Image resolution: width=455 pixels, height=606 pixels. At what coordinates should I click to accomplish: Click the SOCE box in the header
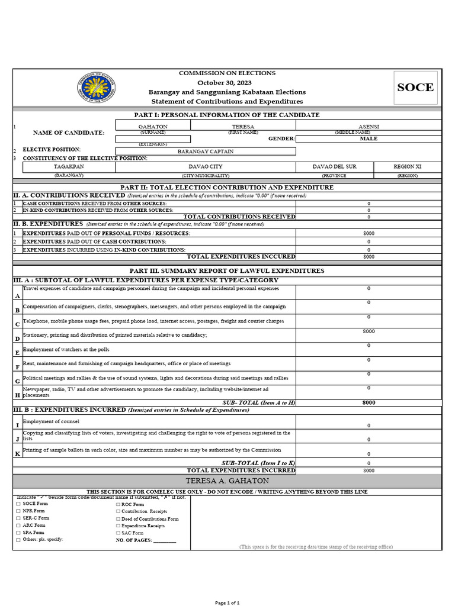click(x=415, y=88)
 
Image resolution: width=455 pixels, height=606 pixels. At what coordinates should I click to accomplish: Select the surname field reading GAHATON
click(x=153, y=127)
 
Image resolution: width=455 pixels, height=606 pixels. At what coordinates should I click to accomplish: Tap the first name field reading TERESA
click(x=243, y=127)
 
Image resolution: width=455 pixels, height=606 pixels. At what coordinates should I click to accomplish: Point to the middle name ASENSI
click(x=369, y=127)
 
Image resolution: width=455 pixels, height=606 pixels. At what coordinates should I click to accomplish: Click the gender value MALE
click(x=369, y=138)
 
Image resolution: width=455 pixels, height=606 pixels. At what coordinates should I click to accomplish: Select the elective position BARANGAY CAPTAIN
click(x=206, y=151)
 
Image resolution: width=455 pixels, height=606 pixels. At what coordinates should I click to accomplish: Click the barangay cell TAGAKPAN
click(x=69, y=167)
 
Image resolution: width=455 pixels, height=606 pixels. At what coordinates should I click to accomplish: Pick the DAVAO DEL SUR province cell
click(x=335, y=167)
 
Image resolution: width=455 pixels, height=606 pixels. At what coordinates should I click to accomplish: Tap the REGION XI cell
click(x=408, y=167)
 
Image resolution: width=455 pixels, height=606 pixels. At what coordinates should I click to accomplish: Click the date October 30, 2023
click(x=227, y=83)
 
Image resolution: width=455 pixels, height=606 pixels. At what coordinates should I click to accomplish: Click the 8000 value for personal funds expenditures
click(x=369, y=233)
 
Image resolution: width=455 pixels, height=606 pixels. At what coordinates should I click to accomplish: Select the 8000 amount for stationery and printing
click(x=369, y=331)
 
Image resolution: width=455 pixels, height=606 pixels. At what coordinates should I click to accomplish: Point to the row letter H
click(x=18, y=395)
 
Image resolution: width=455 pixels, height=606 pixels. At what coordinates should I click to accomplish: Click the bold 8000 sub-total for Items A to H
click(x=369, y=402)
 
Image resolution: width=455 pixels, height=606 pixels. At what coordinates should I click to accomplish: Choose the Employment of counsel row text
click(x=47, y=421)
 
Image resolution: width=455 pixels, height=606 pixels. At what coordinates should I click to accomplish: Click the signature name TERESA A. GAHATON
click(x=227, y=481)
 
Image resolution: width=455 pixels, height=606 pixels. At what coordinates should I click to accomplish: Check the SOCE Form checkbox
click(x=18, y=504)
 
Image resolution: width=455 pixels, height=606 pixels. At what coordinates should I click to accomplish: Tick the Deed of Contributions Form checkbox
click(x=118, y=519)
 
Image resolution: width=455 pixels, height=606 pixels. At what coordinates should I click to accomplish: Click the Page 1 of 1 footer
click(x=227, y=602)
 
